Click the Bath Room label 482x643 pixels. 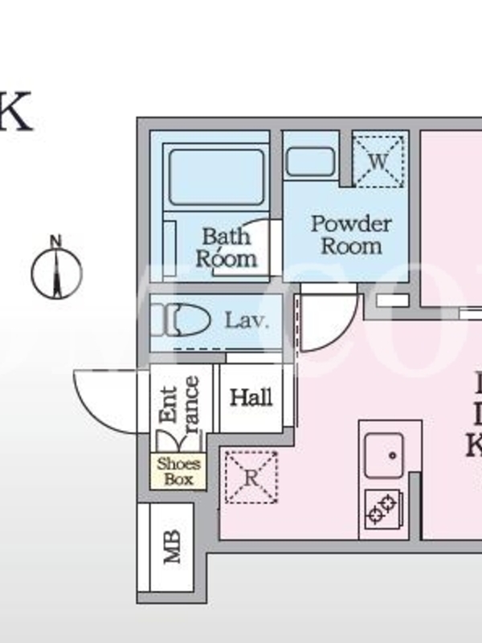click(x=227, y=248)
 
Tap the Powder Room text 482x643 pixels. click(x=351, y=234)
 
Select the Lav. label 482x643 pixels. click(x=246, y=321)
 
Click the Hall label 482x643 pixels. click(x=251, y=397)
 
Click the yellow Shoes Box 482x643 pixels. click(x=178, y=472)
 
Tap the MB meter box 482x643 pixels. click(x=172, y=547)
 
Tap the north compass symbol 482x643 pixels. click(x=56, y=273)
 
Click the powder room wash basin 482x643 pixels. click(x=311, y=162)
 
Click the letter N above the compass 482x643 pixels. click(x=55, y=240)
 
